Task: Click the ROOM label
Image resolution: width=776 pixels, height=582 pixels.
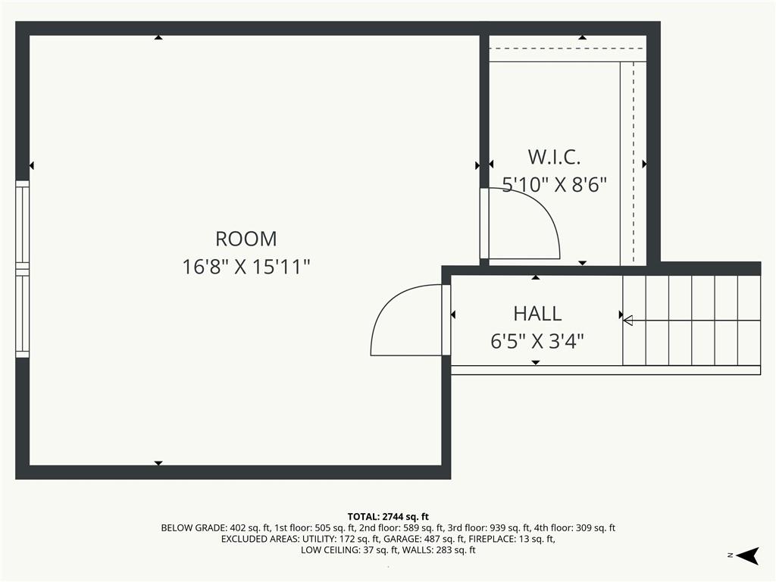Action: pos(246,239)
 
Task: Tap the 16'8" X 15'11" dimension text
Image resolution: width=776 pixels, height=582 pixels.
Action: pos(246,267)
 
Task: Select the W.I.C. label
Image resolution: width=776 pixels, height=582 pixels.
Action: pos(554,158)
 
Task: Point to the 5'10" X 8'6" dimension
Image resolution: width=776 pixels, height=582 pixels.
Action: pos(554,185)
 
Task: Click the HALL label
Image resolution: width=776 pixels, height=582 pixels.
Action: pos(537,314)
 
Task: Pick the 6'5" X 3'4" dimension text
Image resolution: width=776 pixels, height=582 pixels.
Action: pos(537,341)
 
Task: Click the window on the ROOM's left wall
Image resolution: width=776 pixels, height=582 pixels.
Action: pos(22,269)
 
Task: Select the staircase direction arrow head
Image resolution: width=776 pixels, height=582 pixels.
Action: pos(627,321)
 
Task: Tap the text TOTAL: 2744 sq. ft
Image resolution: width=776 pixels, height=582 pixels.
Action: pos(388,517)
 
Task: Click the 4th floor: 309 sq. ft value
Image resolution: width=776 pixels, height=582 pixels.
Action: pos(574,528)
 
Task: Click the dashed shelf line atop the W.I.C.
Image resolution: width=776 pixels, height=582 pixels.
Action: pos(567,48)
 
